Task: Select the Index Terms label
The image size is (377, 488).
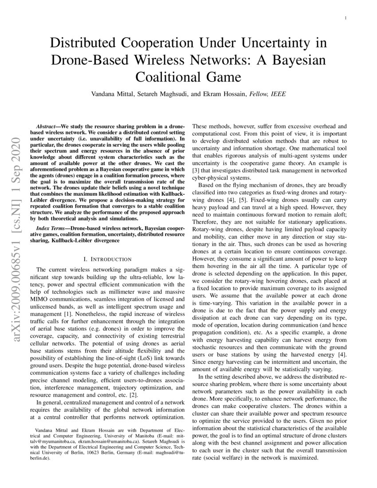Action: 53,228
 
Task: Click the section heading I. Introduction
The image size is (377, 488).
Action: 107,259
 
